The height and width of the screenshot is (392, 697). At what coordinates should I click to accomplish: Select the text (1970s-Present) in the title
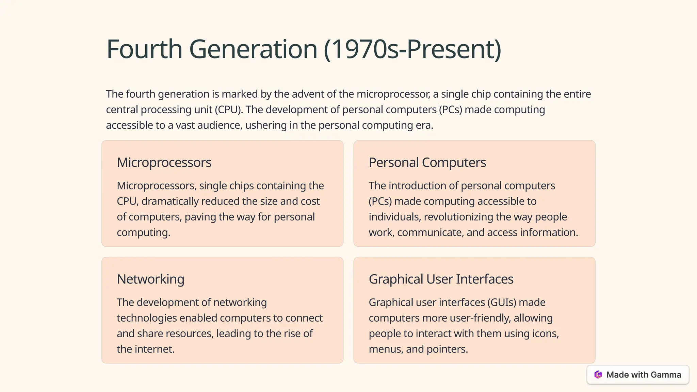(412, 49)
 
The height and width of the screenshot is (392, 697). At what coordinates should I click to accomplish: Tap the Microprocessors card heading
(164, 163)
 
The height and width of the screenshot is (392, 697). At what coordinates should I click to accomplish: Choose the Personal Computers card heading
(427, 163)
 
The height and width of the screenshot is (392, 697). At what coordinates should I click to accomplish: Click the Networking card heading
(150, 279)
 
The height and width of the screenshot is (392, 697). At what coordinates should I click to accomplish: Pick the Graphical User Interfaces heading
(441, 279)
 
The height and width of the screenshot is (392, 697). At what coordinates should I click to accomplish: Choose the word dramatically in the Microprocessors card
(170, 201)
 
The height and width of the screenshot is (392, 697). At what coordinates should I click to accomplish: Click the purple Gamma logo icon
(598, 375)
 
